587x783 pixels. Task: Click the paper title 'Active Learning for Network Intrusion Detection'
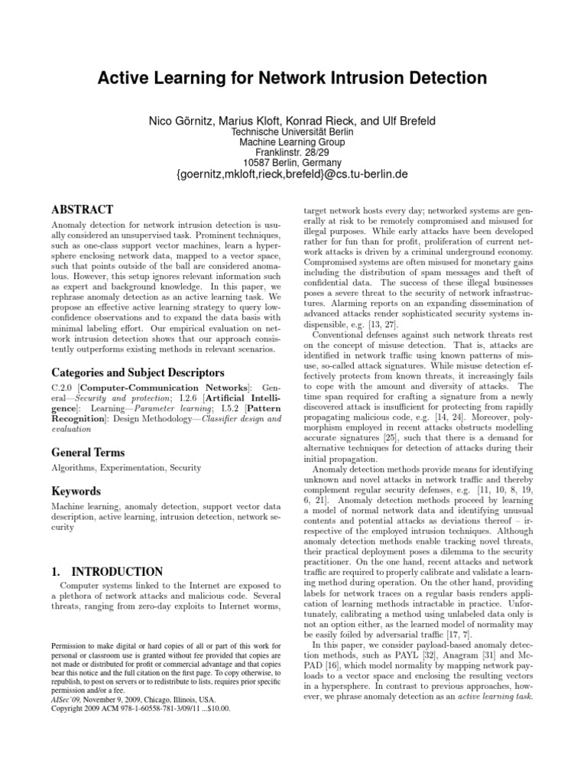[x=293, y=78]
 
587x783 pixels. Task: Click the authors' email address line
[x=292, y=174]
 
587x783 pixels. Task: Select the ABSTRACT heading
[x=82, y=210]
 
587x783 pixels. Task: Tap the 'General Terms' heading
[x=88, y=453]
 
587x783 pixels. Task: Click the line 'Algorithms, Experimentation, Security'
[x=126, y=468]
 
